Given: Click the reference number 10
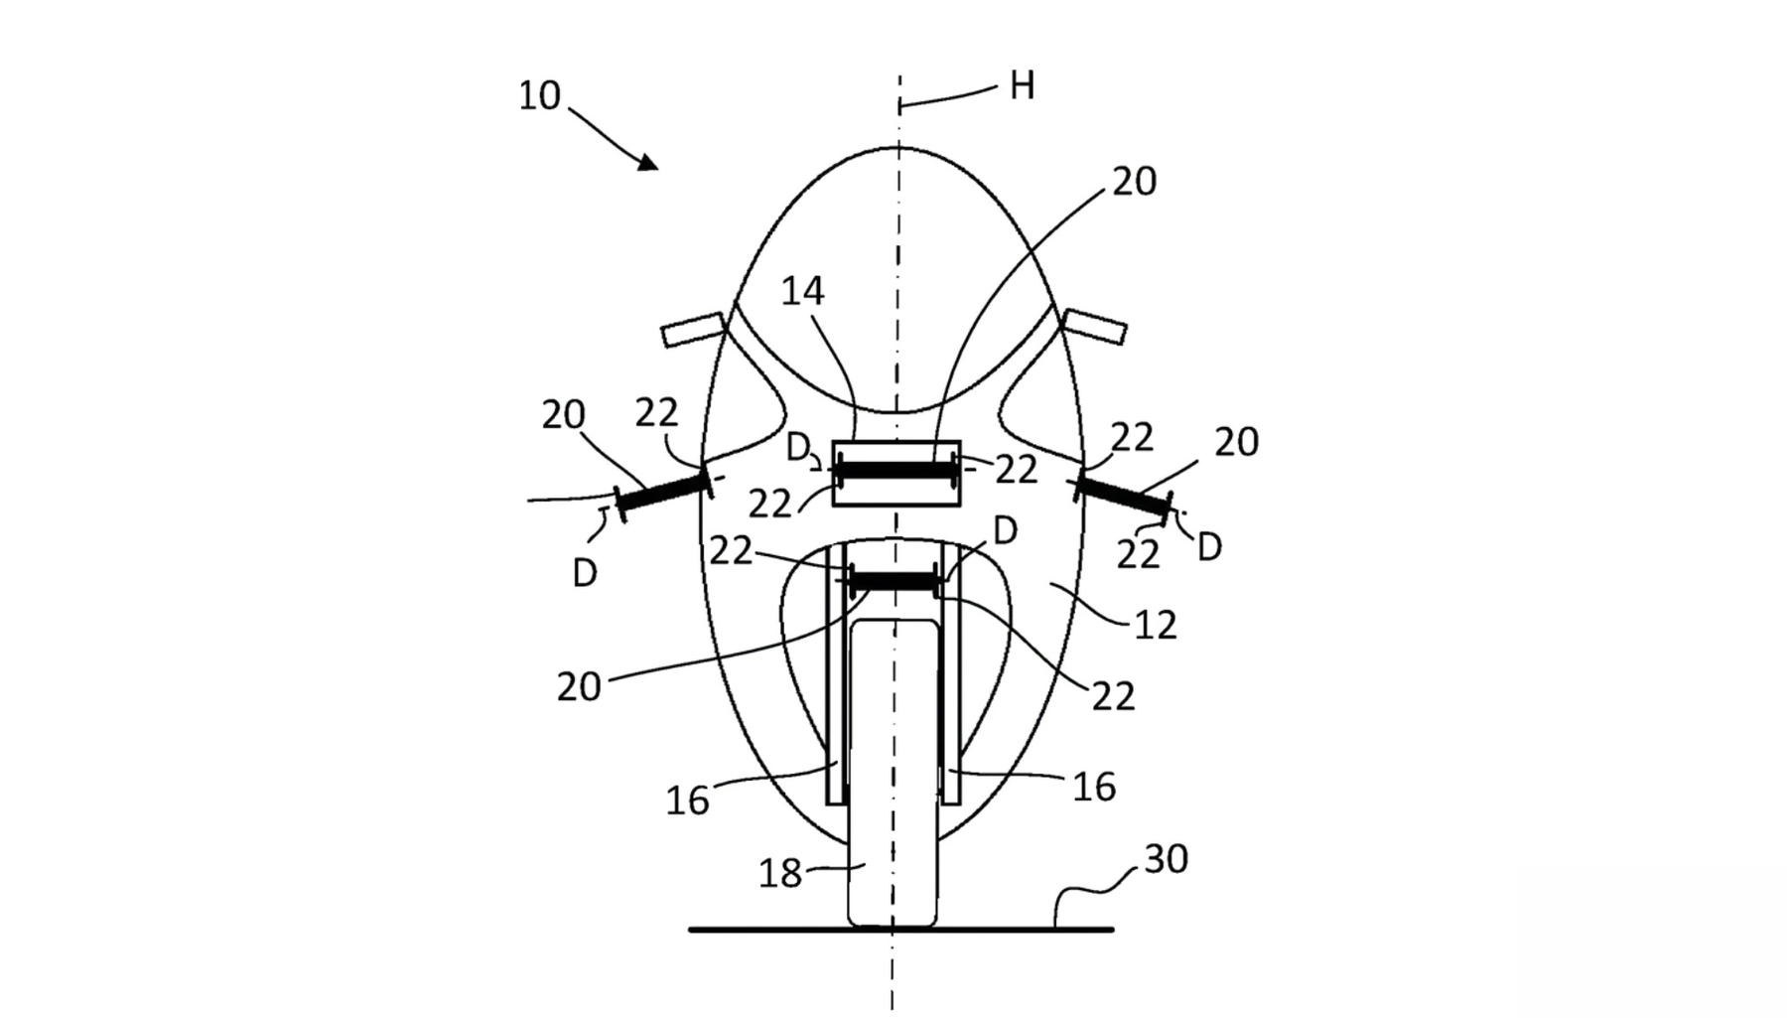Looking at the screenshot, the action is tap(540, 96).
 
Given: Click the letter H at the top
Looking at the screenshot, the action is tap(1022, 86).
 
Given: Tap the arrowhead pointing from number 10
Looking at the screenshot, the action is tap(648, 162).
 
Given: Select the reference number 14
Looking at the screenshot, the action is tap(802, 291).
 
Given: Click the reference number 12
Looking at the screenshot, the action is tap(1155, 625).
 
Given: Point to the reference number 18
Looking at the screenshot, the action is tap(780, 873).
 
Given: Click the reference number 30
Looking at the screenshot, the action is tap(1166, 859).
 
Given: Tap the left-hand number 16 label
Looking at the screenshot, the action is tap(688, 800).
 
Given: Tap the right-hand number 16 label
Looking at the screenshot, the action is tap(1094, 788).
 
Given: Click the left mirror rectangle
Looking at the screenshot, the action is tap(693, 329).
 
